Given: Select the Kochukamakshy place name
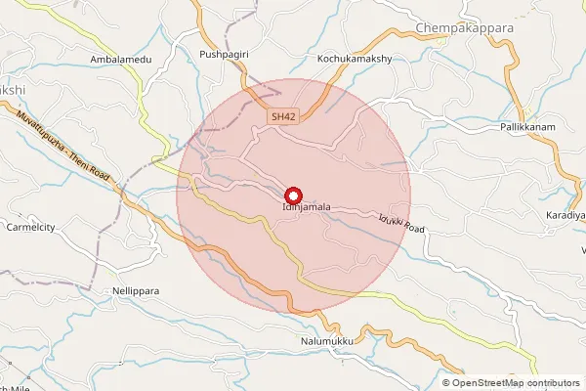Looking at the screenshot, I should (x=355, y=60).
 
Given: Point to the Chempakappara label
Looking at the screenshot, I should (x=465, y=28).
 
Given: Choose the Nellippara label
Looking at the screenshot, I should (x=135, y=291).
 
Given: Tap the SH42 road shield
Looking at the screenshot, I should (x=283, y=117).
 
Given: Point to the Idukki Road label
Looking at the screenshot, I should (x=401, y=224).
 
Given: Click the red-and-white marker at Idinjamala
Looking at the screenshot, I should (x=293, y=195).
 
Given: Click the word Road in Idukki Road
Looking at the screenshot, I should (x=414, y=229).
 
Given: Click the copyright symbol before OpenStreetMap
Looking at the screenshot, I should (x=446, y=382).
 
